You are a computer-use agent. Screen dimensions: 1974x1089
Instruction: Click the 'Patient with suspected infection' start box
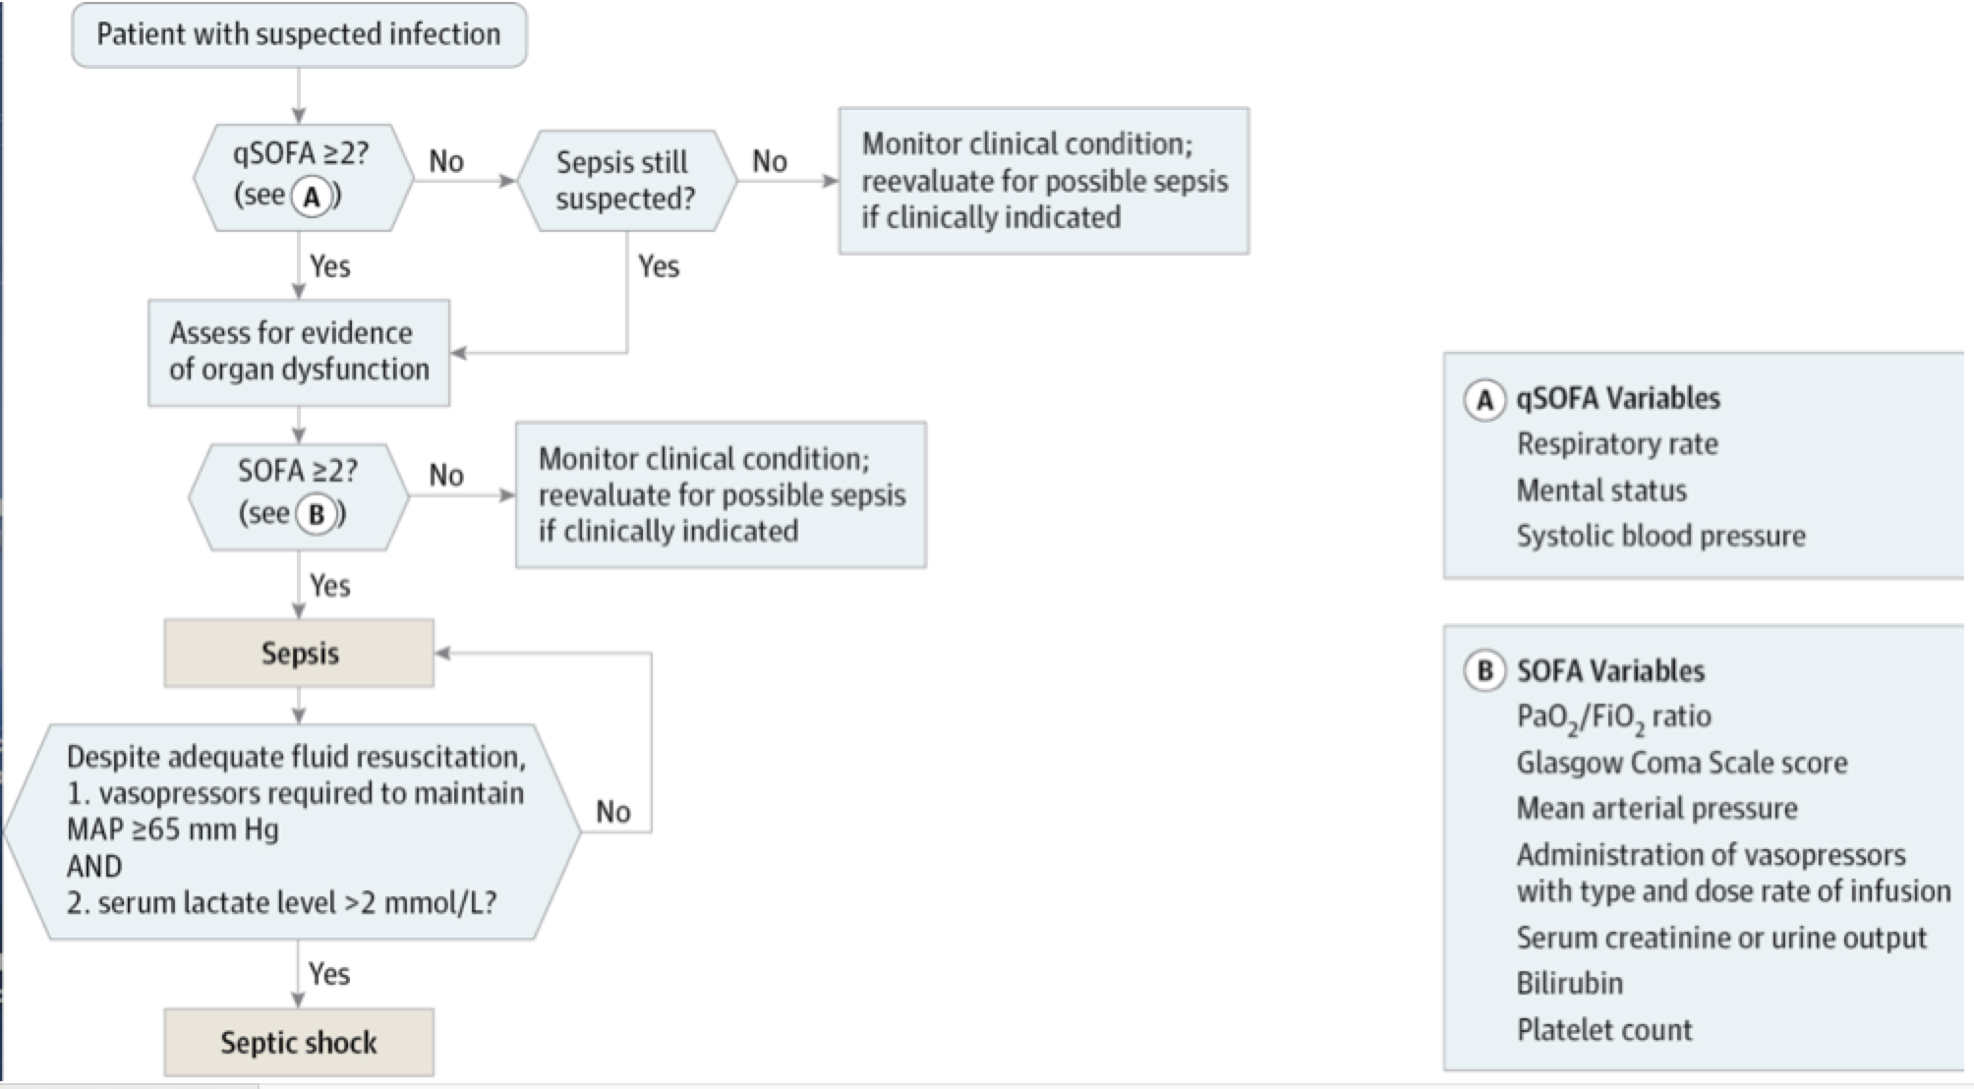299,34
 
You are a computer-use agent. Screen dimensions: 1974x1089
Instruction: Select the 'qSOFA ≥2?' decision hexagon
304,178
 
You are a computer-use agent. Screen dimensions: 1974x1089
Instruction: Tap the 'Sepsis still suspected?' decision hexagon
626,181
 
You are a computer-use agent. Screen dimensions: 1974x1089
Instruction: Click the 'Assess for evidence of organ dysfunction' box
299,352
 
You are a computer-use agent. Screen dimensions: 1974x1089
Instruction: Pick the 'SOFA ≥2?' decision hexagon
299,496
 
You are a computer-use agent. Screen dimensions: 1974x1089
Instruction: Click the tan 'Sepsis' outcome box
299,653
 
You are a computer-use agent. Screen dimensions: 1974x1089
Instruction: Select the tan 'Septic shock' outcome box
299,1042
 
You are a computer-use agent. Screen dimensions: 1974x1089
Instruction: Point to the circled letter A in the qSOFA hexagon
312,197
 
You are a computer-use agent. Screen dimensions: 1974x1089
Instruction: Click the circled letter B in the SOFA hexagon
317,514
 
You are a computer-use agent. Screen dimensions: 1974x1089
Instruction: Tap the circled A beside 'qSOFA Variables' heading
1485,400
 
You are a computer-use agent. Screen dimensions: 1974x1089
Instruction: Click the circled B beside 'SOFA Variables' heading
1485,671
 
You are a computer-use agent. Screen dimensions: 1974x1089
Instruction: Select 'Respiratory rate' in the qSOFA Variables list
1617,444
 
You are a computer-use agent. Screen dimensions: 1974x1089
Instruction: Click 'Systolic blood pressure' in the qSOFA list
1660,536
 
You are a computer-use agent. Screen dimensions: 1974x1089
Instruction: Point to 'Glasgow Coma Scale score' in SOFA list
1681,763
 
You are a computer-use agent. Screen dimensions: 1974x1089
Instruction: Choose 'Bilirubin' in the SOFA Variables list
1569,983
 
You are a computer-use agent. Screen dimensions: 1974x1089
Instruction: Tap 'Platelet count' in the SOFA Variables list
1604,1030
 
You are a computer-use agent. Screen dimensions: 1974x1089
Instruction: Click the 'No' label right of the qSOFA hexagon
446,161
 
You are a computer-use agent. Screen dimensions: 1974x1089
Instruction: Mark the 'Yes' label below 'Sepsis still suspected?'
659,266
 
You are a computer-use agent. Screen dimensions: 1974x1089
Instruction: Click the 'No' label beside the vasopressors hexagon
613,812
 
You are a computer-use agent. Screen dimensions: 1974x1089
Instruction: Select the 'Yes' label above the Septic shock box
329,974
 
